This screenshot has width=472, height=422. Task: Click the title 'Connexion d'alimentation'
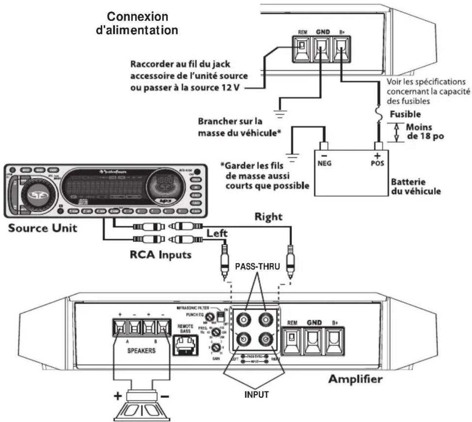[137, 23]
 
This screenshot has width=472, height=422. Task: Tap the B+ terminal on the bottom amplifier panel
[334, 339]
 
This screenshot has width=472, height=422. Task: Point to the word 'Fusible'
[405, 114]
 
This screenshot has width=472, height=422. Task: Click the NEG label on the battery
[324, 163]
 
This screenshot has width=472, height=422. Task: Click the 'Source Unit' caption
[43, 228]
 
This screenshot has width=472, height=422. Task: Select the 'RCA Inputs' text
[161, 254]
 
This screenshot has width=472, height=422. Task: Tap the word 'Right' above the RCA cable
[268, 217]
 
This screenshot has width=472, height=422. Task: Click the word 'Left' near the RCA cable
[217, 233]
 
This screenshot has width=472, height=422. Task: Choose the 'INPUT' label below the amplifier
[257, 395]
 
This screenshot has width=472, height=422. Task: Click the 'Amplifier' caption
[355, 379]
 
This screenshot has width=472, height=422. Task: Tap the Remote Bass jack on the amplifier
[185, 346]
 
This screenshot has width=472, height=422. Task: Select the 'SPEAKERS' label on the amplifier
[141, 350]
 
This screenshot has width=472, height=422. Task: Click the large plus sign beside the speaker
[117, 397]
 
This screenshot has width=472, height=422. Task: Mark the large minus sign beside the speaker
[165, 397]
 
